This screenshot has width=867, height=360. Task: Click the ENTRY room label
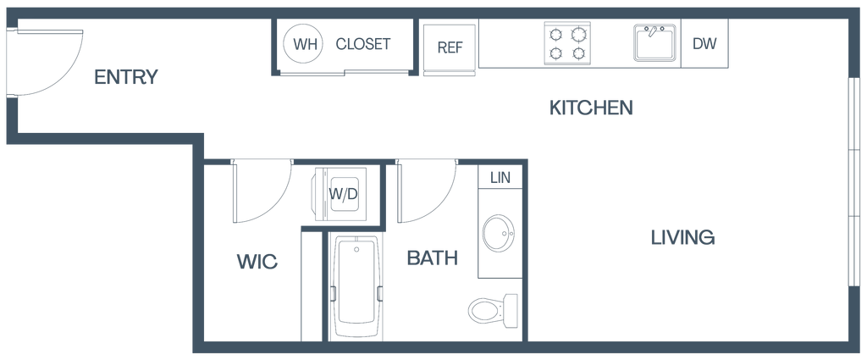pos(127,77)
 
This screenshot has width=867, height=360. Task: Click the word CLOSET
pos(363,45)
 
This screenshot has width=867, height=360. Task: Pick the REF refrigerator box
pos(450,47)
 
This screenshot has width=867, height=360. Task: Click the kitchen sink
pos(654,43)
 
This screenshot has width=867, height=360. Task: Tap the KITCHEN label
pos(592,108)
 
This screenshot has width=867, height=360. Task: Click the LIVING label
pos(684,237)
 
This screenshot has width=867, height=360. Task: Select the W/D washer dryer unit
pos(344,194)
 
